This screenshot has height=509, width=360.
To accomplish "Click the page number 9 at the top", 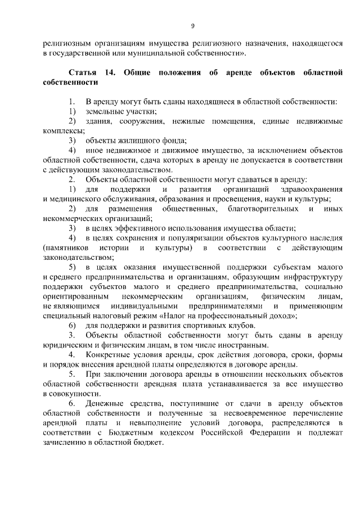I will (x=192, y=26).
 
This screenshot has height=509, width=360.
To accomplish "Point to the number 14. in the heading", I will (x=109, y=73).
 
